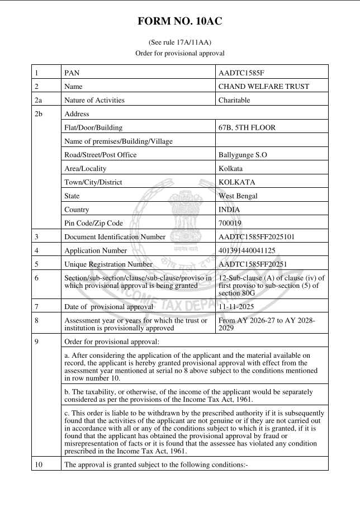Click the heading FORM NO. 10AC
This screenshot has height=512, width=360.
(x=179, y=22)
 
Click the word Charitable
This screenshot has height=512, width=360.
(x=235, y=100)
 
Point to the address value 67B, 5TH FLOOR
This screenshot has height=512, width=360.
(x=247, y=127)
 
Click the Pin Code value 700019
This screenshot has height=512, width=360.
(x=231, y=223)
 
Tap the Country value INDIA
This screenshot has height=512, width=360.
(x=230, y=210)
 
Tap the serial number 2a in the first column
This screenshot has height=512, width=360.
(x=39, y=100)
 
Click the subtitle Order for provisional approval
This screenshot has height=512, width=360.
(x=179, y=53)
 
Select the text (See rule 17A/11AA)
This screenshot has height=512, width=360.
(x=179, y=42)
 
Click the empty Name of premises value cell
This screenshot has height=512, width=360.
(x=271, y=141)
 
